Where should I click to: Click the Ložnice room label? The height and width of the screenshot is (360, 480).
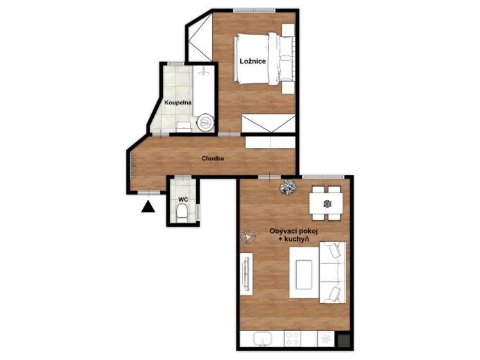(x=252, y=61)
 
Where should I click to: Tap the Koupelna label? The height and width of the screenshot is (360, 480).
(x=178, y=102)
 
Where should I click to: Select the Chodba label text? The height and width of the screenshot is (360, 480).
(x=213, y=158)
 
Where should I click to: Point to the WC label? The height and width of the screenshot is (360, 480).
(x=183, y=199)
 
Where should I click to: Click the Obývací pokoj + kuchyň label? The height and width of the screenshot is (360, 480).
(x=294, y=235)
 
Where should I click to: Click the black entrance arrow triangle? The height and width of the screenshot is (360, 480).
(x=148, y=206)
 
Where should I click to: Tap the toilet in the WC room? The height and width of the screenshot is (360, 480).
(x=182, y=213)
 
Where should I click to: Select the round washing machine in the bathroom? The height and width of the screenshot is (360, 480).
(x=206, y=123)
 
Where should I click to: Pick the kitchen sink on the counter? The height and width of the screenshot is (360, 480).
(x=262, y=339)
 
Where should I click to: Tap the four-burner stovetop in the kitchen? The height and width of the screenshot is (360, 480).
(x=292, y=339)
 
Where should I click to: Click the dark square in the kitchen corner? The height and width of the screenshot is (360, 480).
(x=343, y=340)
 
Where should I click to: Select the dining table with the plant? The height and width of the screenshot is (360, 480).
(x=326, y=204)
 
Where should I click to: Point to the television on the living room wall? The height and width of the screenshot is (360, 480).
(x=247, y=274)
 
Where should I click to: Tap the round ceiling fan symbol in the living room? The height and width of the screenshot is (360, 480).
(x=248, y=236)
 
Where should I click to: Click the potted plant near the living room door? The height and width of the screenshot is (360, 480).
(x=288, y=186)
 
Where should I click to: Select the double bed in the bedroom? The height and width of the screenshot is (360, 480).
(x=265, y=59)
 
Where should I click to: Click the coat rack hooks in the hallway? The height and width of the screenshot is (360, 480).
(x=133, y=165)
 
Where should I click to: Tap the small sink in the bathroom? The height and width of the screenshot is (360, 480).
(x=184, y=127)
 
